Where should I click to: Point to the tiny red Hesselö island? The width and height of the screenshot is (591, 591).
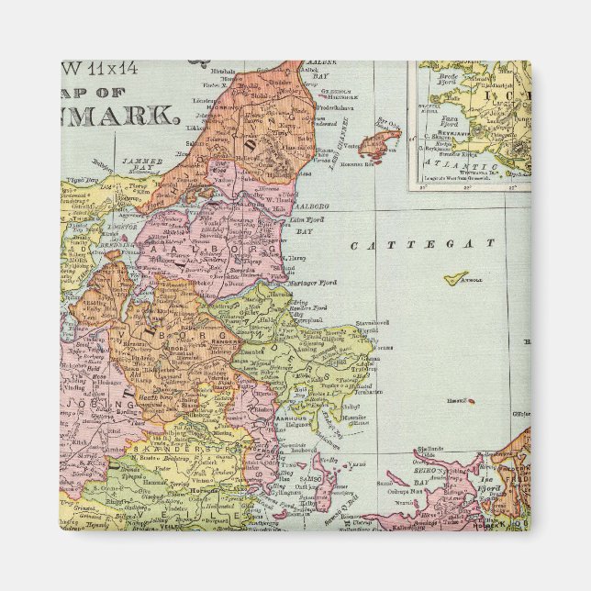[x=471, y=401]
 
